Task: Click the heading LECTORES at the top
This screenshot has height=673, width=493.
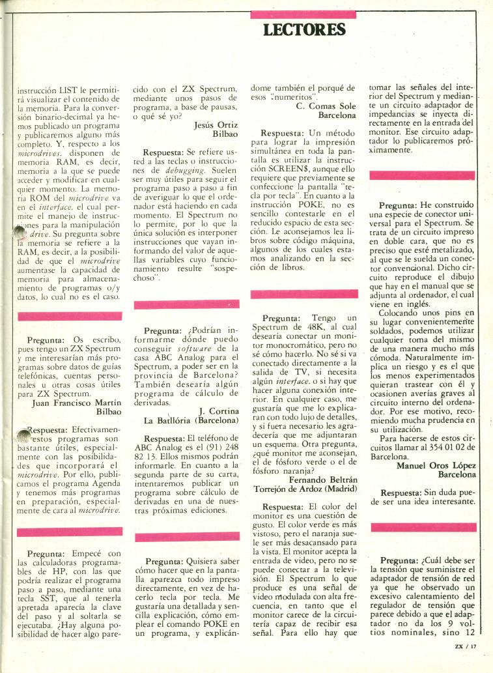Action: (304, 29)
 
